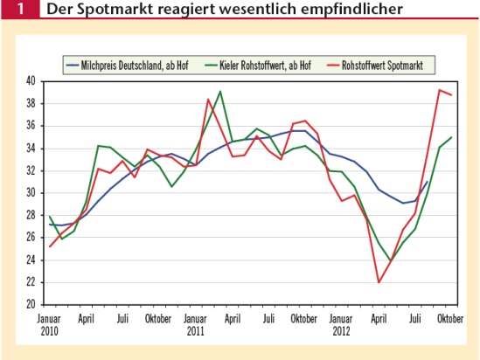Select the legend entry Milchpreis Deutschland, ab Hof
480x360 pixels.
tap(141, 65)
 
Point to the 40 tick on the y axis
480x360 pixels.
tap(29, 81)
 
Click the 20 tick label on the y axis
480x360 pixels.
tap(29, 304)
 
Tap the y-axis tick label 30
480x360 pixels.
tap(29, 192)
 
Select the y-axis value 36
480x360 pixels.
tap(29, 126)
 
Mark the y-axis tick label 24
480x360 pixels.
tap(29, 260)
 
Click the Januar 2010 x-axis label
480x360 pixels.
tap(49, 325)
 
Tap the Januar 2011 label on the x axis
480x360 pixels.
tap(195, 325)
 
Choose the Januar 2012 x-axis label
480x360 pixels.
tap(342, 325)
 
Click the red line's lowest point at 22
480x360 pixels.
tap(379, 282)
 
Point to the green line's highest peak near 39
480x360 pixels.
tap(219, 91)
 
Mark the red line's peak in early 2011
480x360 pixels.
tap(208, 100)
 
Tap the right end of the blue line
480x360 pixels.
tap(427, 182)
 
